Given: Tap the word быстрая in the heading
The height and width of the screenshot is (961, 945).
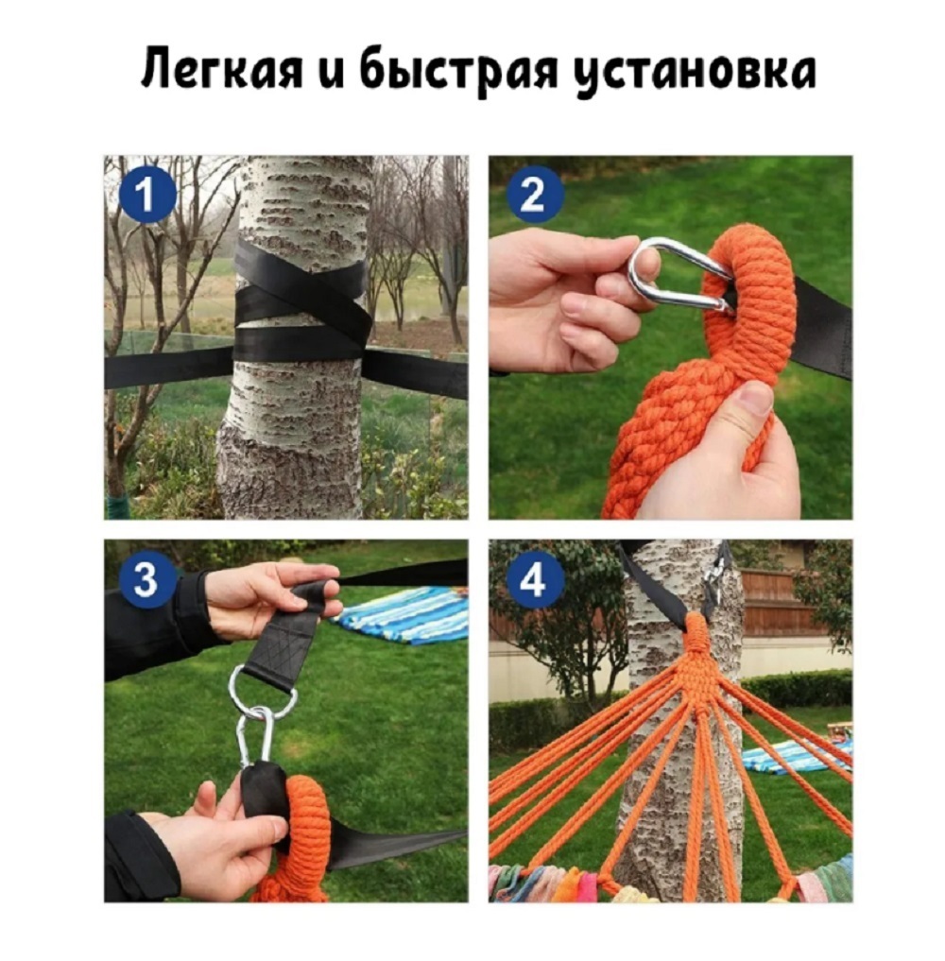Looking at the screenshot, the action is [x=458, y=70].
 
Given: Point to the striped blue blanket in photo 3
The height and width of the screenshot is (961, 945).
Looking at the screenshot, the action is [x=403, y=615].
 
